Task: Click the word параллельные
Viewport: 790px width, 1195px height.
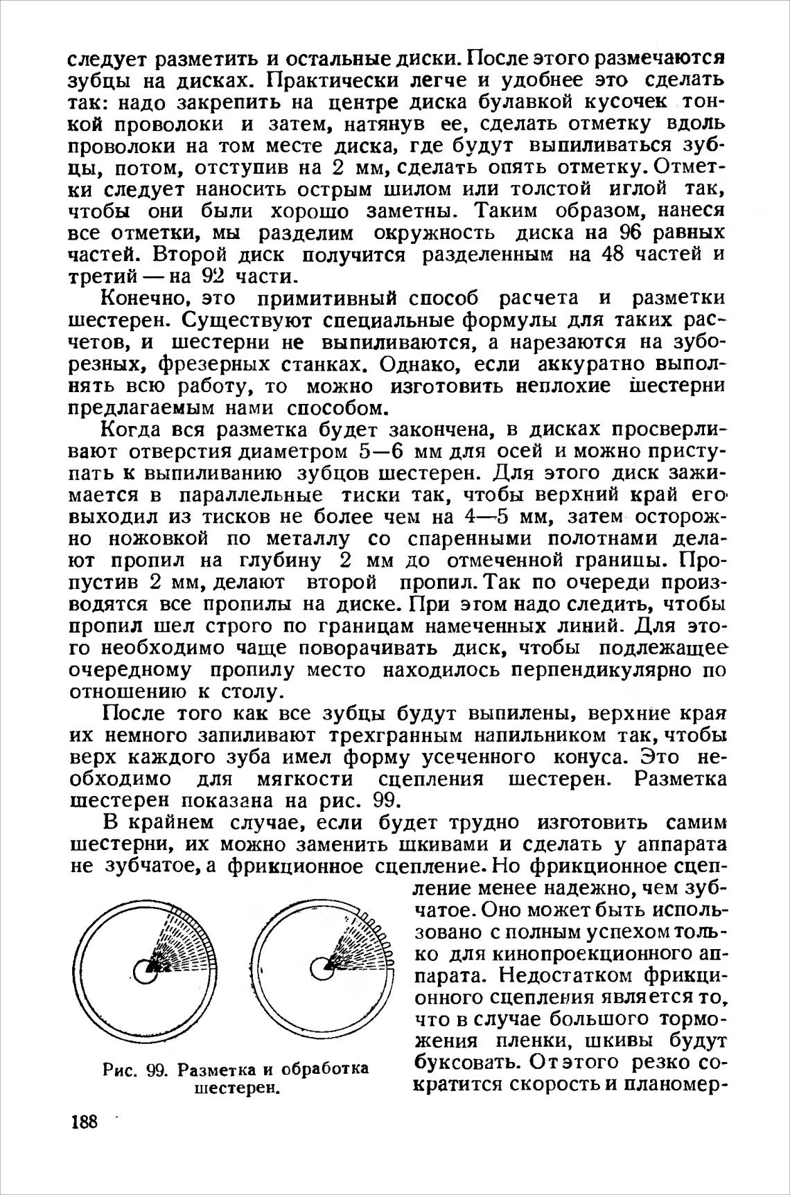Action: click(251, 495)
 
